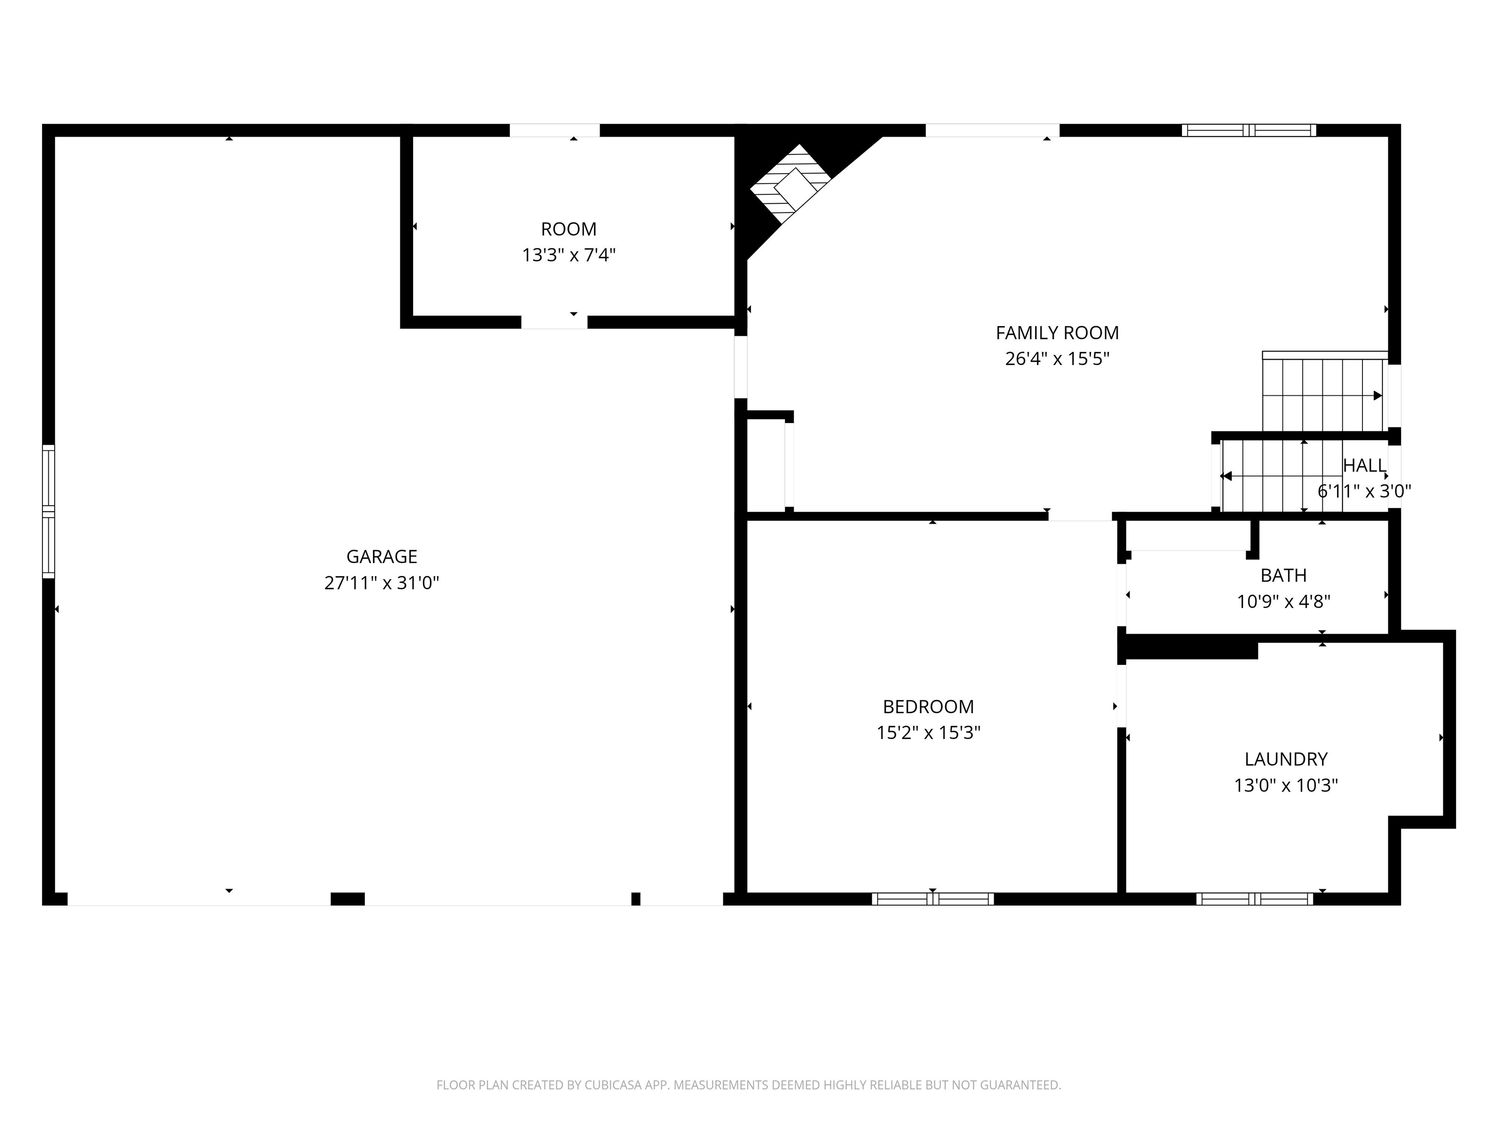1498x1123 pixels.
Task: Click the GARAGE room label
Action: point(381,557)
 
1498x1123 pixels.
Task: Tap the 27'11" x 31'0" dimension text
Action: point(381,583)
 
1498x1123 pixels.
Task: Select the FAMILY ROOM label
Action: point(1057,332)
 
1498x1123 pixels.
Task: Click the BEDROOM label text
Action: point(928,707)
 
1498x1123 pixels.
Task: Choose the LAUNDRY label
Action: point(1285,759)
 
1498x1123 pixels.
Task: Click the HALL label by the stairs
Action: point(1364,465)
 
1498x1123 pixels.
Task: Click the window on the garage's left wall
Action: point(48,512)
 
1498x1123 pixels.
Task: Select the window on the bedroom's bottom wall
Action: point(932,899)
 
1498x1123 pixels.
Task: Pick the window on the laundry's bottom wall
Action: point(1254,899)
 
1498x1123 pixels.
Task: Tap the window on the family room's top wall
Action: point(1249,130)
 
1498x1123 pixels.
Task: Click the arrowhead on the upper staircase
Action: point(1377,395)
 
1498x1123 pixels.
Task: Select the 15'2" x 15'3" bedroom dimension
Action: point(928,733)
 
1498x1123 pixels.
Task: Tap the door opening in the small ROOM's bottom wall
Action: point(554,322)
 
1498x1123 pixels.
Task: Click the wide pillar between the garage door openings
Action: point(347,899)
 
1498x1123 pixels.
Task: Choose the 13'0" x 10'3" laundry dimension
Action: point(1285,785)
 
